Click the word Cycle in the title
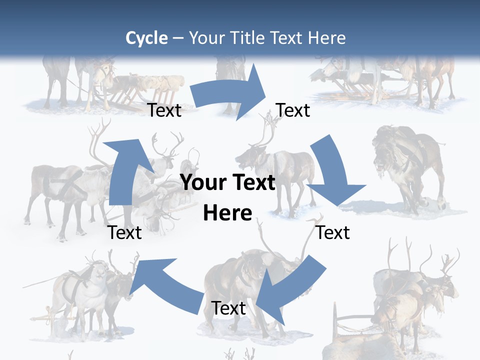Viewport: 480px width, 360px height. [x=146, y=38]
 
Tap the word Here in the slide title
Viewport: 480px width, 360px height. [x=327, y=38]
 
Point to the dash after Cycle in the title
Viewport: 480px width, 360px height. [x=178, y=38]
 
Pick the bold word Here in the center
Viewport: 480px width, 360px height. [x=227, y=213]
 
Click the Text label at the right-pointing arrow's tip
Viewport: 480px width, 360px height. [x=293, y=110]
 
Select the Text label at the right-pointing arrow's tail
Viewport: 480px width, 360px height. [x=164, y=110]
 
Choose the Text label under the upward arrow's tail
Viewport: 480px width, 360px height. [x=125, y=232]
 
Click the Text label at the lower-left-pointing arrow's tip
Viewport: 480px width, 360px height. [x=229, y=308]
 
